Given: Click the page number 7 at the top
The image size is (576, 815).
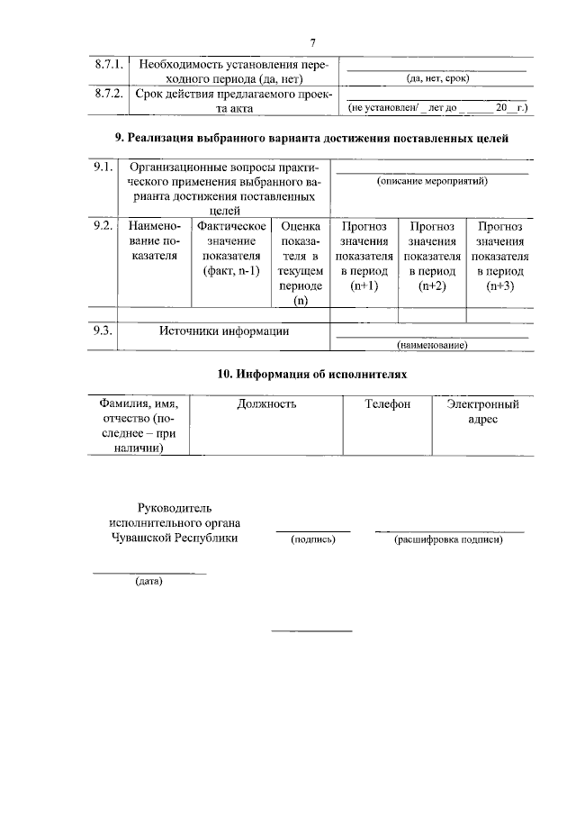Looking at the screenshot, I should (312, 42).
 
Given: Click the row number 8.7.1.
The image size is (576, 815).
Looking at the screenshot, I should (109, 65).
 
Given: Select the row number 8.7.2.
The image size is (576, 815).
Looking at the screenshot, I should (109, 93).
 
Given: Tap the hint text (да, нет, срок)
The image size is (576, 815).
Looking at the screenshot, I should (438, 78).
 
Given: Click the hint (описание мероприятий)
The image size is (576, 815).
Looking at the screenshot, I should (432, 181).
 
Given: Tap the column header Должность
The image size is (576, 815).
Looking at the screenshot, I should (266, 404).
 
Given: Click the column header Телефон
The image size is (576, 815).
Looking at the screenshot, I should (387, 404).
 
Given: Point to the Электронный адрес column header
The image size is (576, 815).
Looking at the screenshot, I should (482, 412).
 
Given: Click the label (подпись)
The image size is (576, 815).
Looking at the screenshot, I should (312, 539).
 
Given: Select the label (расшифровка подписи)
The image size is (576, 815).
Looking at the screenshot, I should (448, 539).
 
